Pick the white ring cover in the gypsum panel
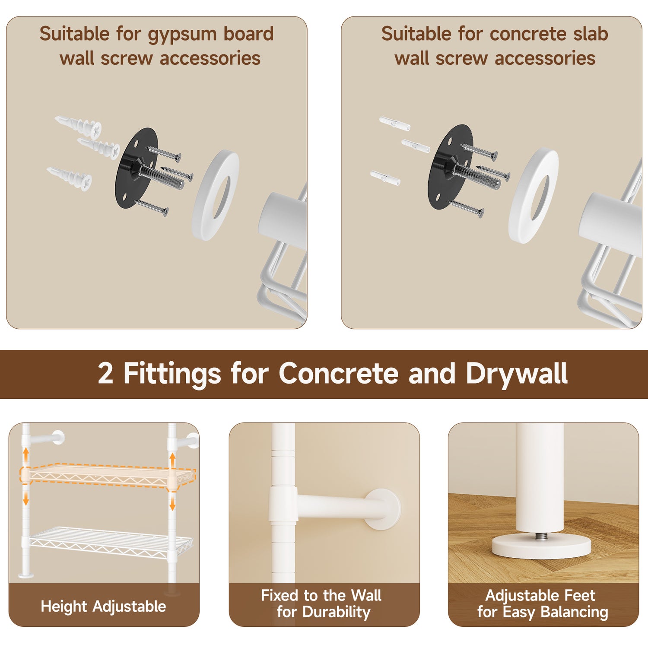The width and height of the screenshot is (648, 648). click(215, 195)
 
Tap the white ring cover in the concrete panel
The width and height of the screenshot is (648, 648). click(533, 196)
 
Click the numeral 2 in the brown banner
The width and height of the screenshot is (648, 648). click(105, 373)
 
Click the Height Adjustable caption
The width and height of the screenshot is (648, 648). click(103, 607)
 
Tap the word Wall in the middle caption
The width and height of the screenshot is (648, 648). click(366, 595)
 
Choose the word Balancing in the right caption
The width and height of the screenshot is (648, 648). click(574, 613)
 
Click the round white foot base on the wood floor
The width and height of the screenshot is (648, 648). click(541, 546)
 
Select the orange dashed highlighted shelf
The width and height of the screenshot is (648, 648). click(108, 477)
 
